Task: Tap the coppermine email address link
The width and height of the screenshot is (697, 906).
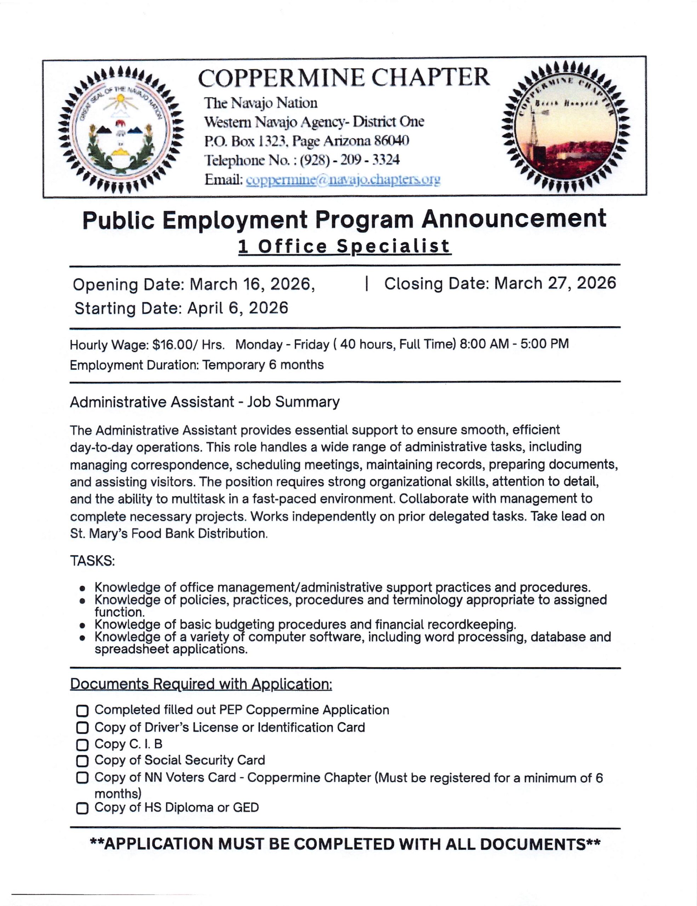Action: [343, 180]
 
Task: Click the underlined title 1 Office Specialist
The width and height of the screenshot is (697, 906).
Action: [344, 246]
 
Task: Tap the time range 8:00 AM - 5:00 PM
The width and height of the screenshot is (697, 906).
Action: [514, 344]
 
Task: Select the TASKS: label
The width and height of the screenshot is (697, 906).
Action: [92, 561]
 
